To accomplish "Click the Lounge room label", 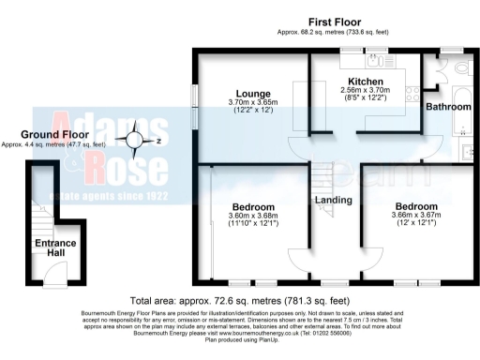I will coord(253,94).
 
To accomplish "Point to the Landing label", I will coord(334,200).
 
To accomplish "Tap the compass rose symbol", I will coord(137,142).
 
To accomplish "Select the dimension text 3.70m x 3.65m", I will coord(253,103).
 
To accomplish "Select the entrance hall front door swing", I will coord(57,273).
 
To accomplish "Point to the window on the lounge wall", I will coord(195,99).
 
